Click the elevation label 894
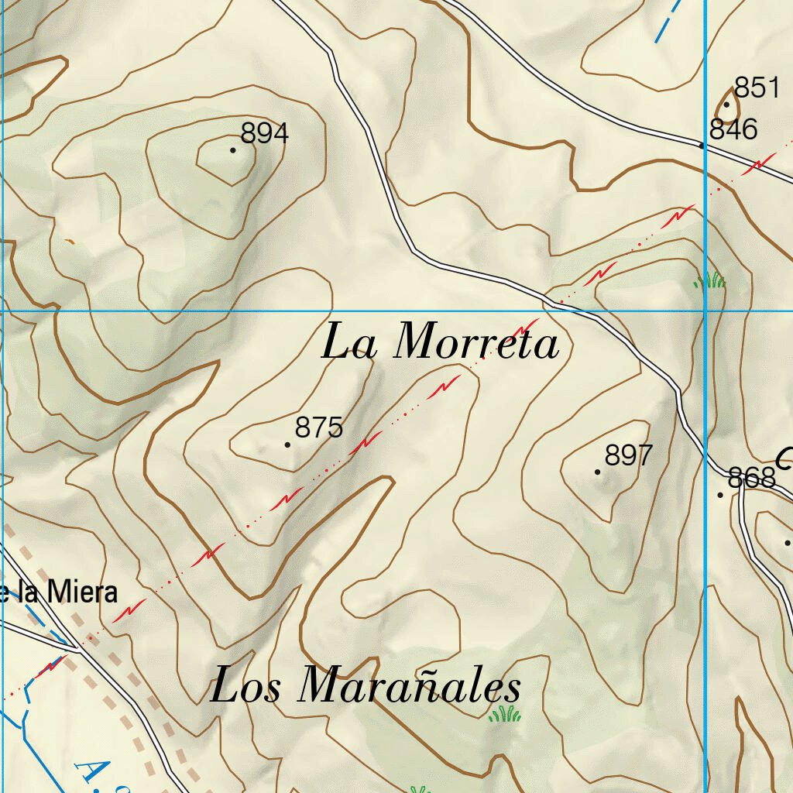[264, 133]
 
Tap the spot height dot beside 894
[233, 149]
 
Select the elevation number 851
[756, 88]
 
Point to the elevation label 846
[733, 129]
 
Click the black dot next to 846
[702, 145]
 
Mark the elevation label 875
[319, 427]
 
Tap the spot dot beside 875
[288, 445]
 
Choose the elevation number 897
[629, 455]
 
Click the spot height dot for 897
[597, 472]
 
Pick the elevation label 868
[752, 478]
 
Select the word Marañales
[410, 687]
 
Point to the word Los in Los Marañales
[246, 687]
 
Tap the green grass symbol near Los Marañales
[505, 714]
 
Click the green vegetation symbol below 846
[710, 280]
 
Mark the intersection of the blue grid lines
[705, 311]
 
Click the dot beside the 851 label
[726, 105]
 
